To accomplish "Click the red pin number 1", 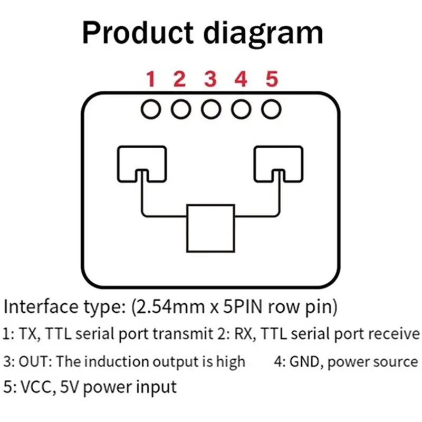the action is (151, 79).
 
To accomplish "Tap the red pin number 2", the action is (180, 79).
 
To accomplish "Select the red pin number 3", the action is (210, 79).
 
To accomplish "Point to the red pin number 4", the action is (241, 79).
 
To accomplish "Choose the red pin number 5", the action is (272, 79).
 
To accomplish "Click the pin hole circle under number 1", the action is (141, 109).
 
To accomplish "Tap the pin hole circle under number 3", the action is (202, 109).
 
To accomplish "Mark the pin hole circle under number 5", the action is (262, 109).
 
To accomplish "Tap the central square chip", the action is (187, 228).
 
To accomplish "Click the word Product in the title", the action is (138, 33).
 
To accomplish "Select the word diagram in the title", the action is (263, 34).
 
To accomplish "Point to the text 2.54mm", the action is (171, 307).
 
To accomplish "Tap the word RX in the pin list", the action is (244, 334).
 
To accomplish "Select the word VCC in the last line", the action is (36, 387).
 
